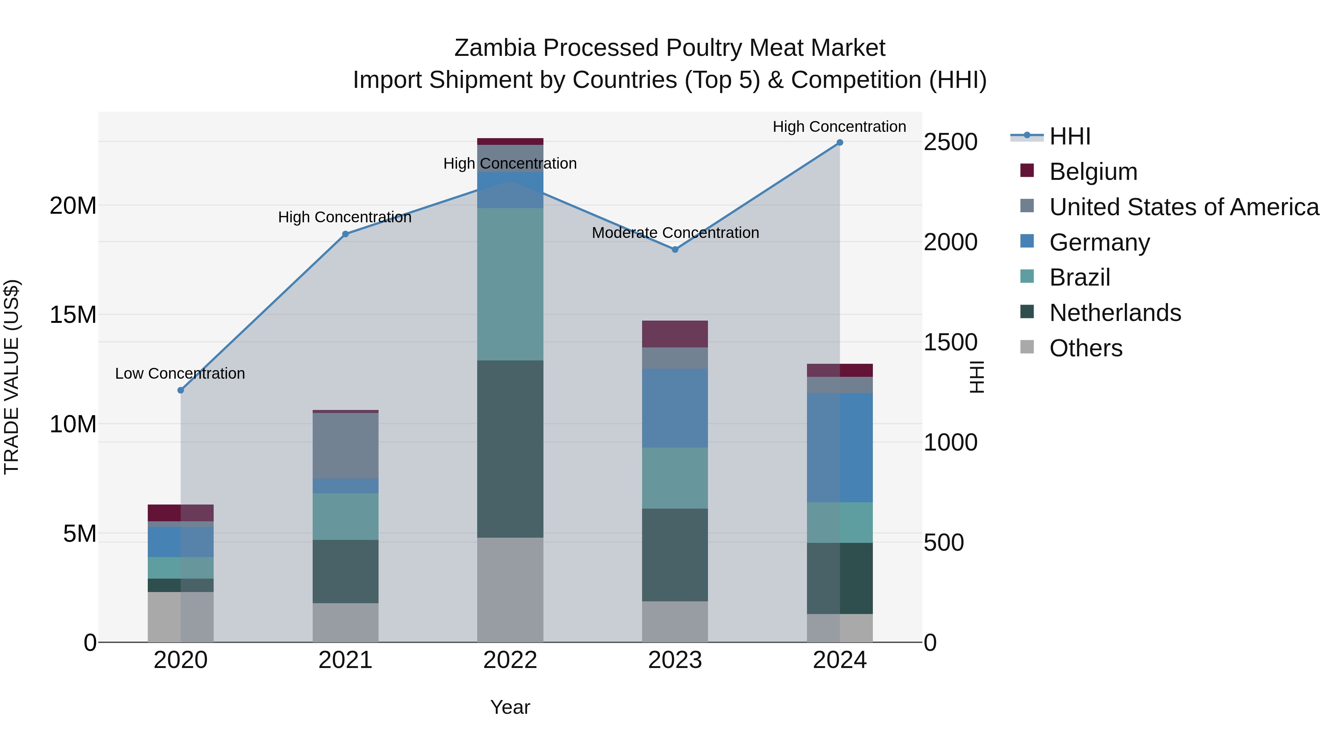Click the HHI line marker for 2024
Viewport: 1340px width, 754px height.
click(x=840, y=143)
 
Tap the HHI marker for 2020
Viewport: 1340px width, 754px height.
click(x=181, y=390)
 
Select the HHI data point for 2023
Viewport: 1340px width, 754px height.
click(x=675, y=250)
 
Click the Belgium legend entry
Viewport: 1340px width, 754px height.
click(x=1092, y=172)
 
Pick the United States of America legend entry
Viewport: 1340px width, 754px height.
click(x=1183, y=207)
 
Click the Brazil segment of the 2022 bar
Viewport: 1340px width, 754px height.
click(x=510, y=284)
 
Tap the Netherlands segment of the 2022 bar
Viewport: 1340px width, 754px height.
click(x=510, y=449)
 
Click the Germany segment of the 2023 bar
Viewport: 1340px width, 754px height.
click(x=675, y=408)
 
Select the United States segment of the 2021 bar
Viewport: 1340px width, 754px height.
click(x=345, y=445)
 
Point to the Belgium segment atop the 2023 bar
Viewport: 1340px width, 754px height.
click(x=675, y=334)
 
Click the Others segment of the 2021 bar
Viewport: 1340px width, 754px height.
click(x=345, y=622)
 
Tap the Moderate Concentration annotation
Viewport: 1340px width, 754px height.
click(x=675, y=233)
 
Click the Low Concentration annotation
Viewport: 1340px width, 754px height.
click(x=180, y=373)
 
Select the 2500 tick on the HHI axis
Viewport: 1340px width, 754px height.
click(x=950, y=142)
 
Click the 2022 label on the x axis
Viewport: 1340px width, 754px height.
click(x=510, y=660)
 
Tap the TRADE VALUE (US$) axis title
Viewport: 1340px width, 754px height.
click(x=12, y=377)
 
